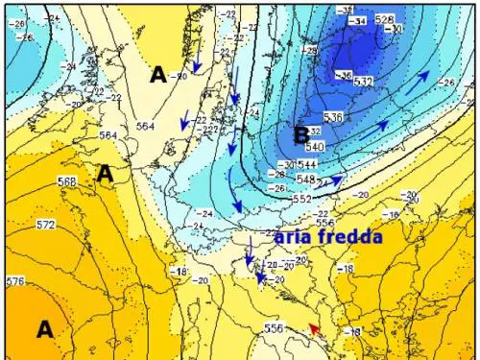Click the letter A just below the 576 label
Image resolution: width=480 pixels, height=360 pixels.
point(44,329)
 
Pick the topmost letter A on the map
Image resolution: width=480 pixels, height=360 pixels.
point(159,73)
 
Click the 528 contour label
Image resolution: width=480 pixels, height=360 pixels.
point(385,19)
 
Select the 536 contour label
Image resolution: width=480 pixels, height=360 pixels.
point(333,117)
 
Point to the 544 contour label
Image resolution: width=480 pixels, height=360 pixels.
point(311,163)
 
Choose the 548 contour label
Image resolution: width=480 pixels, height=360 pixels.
point(307,180)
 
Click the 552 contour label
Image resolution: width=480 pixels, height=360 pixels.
point(301,198)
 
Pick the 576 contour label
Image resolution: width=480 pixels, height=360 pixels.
point(14,281)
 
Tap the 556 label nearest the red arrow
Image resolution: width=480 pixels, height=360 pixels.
point(275,328)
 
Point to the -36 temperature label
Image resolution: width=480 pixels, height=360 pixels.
point(344,74)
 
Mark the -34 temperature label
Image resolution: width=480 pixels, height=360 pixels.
point(361,19)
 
